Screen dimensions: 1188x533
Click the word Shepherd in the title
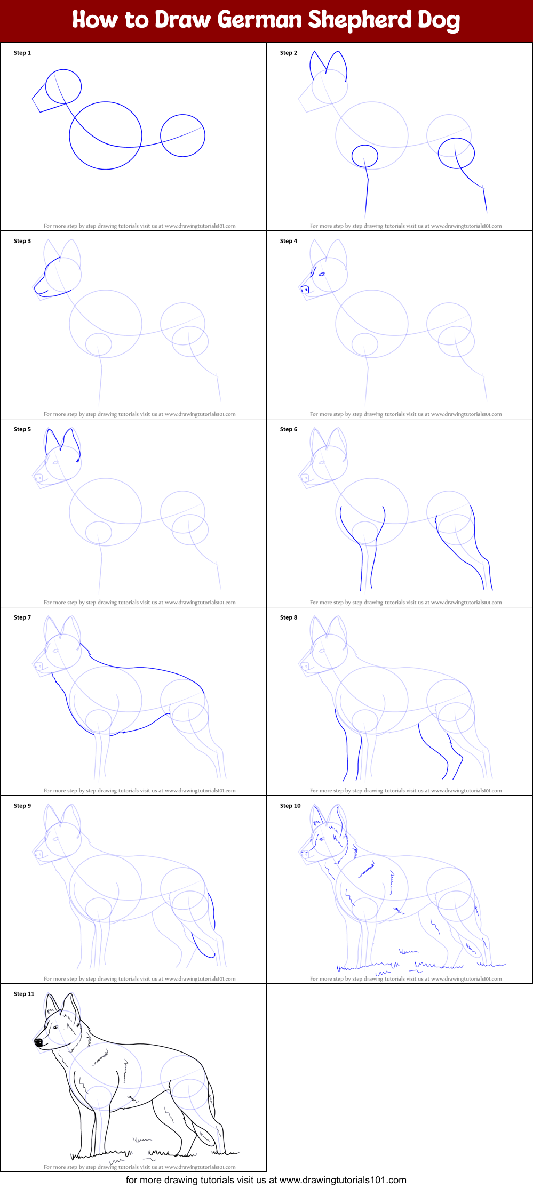[x=360, y=20]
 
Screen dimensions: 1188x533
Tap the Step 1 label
[x=22, y=53]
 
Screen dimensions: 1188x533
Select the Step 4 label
[x=289, y=241]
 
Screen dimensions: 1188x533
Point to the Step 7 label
[x=22, y=617]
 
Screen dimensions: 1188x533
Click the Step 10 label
[x=290, y=806]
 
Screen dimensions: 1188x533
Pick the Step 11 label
[x=24, y=994]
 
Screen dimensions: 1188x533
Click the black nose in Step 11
[x=38, y=1041]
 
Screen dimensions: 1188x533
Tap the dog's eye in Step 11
[x=55, y=1027]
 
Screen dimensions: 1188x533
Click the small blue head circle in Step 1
[x=63, y=86]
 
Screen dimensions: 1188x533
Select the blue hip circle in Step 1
[x=182, y=135]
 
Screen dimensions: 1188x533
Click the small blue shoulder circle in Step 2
[x=365, y=156]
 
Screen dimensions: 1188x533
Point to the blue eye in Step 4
[x=322, y=274]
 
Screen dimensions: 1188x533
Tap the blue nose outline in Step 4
[x=305, y=289]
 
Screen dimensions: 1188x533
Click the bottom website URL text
[x=343, y=1180]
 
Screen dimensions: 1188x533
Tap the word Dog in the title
[x=439, y=20]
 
